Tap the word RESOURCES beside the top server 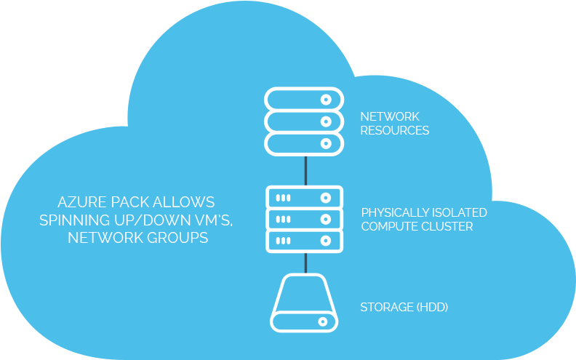coord(395,131)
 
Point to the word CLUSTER coord(448,226)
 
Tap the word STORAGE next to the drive coord(385,307)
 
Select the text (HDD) coord(431,307)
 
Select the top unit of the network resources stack coord(304,99)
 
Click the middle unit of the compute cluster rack coord(304,219)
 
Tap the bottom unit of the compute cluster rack coord(304,241)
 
